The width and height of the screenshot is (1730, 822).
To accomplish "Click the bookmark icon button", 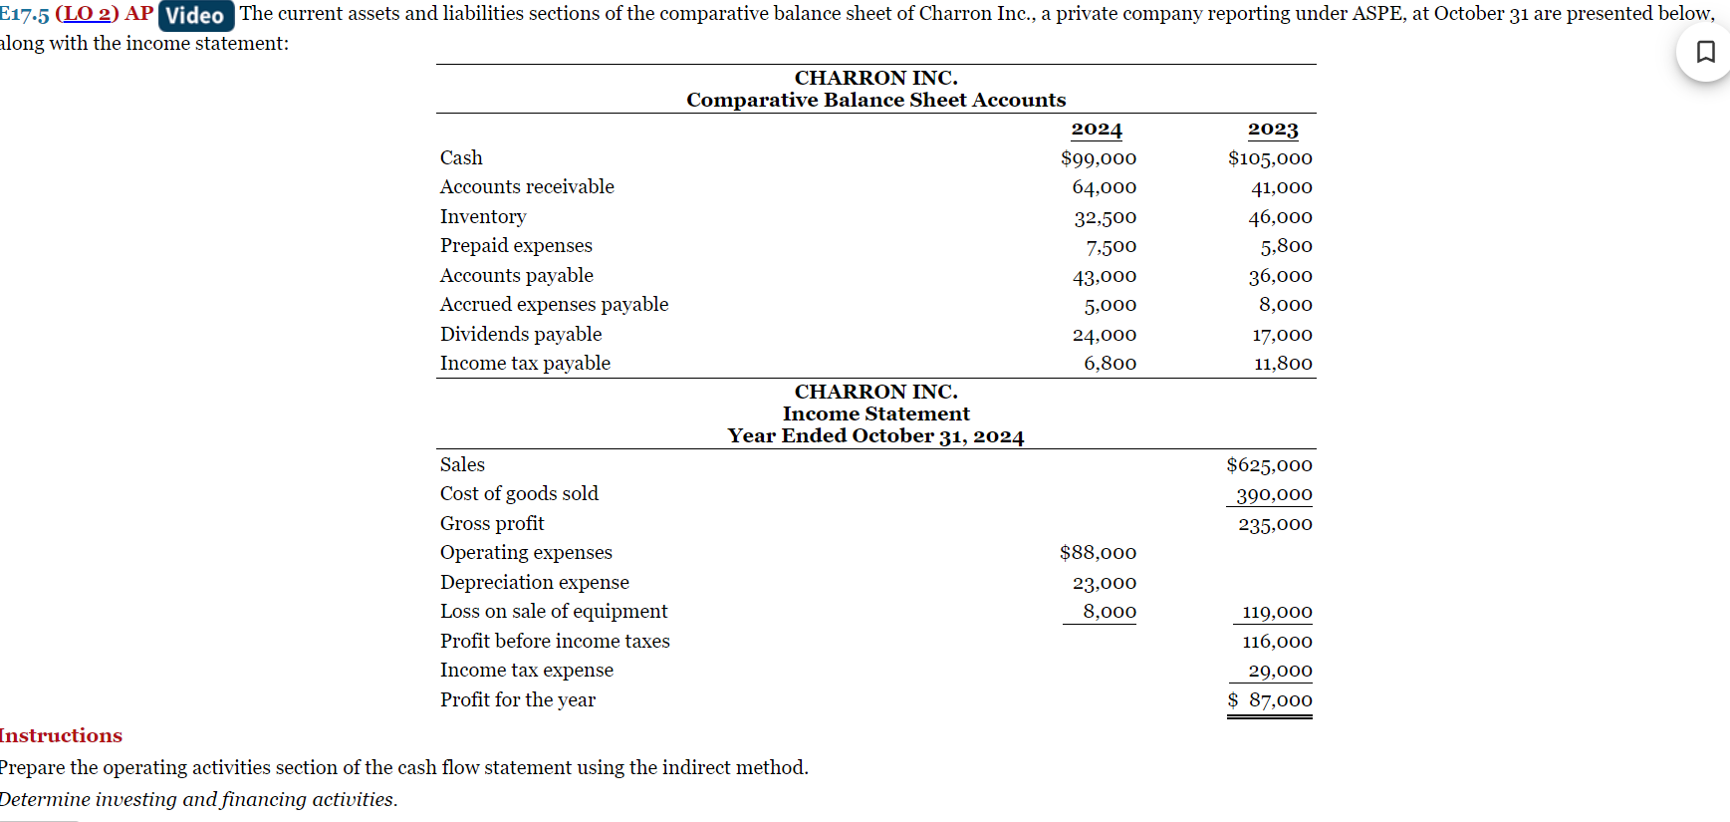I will tap(1705, 52).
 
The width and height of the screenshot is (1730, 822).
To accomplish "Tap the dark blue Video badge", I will tap(196, 15).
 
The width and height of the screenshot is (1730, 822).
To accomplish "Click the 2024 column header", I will tap(1097, 130).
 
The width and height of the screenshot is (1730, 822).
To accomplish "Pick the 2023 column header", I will tap(1273, 130).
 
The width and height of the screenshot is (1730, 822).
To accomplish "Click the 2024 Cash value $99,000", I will tap(1099, 158).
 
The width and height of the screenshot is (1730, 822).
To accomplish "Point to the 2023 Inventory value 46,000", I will tap(1280, 217).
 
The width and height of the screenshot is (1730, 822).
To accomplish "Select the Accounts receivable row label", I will tap(527, 187).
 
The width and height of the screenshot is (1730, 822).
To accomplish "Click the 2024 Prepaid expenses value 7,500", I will tap(1111, 246).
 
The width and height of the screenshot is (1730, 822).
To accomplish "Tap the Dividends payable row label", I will tap(521, 335).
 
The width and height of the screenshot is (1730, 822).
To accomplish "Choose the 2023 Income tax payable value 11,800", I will tap(1283, 364).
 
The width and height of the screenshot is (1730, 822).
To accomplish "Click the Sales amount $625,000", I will tap(1269, 465).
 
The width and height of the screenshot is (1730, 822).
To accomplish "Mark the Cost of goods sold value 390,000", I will tap(1274, 494).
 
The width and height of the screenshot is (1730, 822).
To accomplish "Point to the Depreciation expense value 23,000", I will tap(1104, 583).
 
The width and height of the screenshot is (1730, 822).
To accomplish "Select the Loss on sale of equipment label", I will tap(554, 612).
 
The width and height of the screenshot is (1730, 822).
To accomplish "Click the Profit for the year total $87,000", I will tap(1270, 700).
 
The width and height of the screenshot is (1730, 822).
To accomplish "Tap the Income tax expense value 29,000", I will tap(1280, 671).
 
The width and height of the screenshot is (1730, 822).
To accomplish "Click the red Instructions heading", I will tap(61, 736).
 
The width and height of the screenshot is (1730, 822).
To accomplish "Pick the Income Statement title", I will tap(875, 413).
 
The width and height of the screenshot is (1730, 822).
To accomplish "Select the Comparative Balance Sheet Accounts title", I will tap(875, 100).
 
